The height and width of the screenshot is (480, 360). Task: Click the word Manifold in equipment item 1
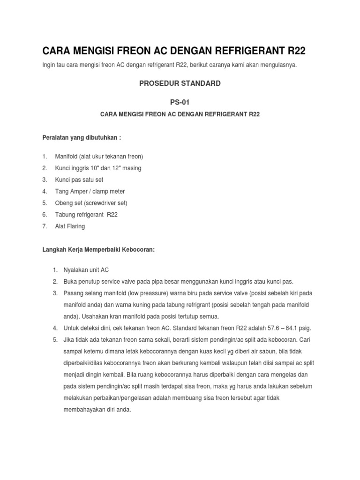[x=67, y=156]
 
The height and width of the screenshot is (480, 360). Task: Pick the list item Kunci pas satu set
[x=79, y=180]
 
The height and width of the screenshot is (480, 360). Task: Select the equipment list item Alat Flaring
[x=70, y=226]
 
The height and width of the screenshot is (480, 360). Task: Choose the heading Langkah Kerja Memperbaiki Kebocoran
[x=98, y=250]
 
